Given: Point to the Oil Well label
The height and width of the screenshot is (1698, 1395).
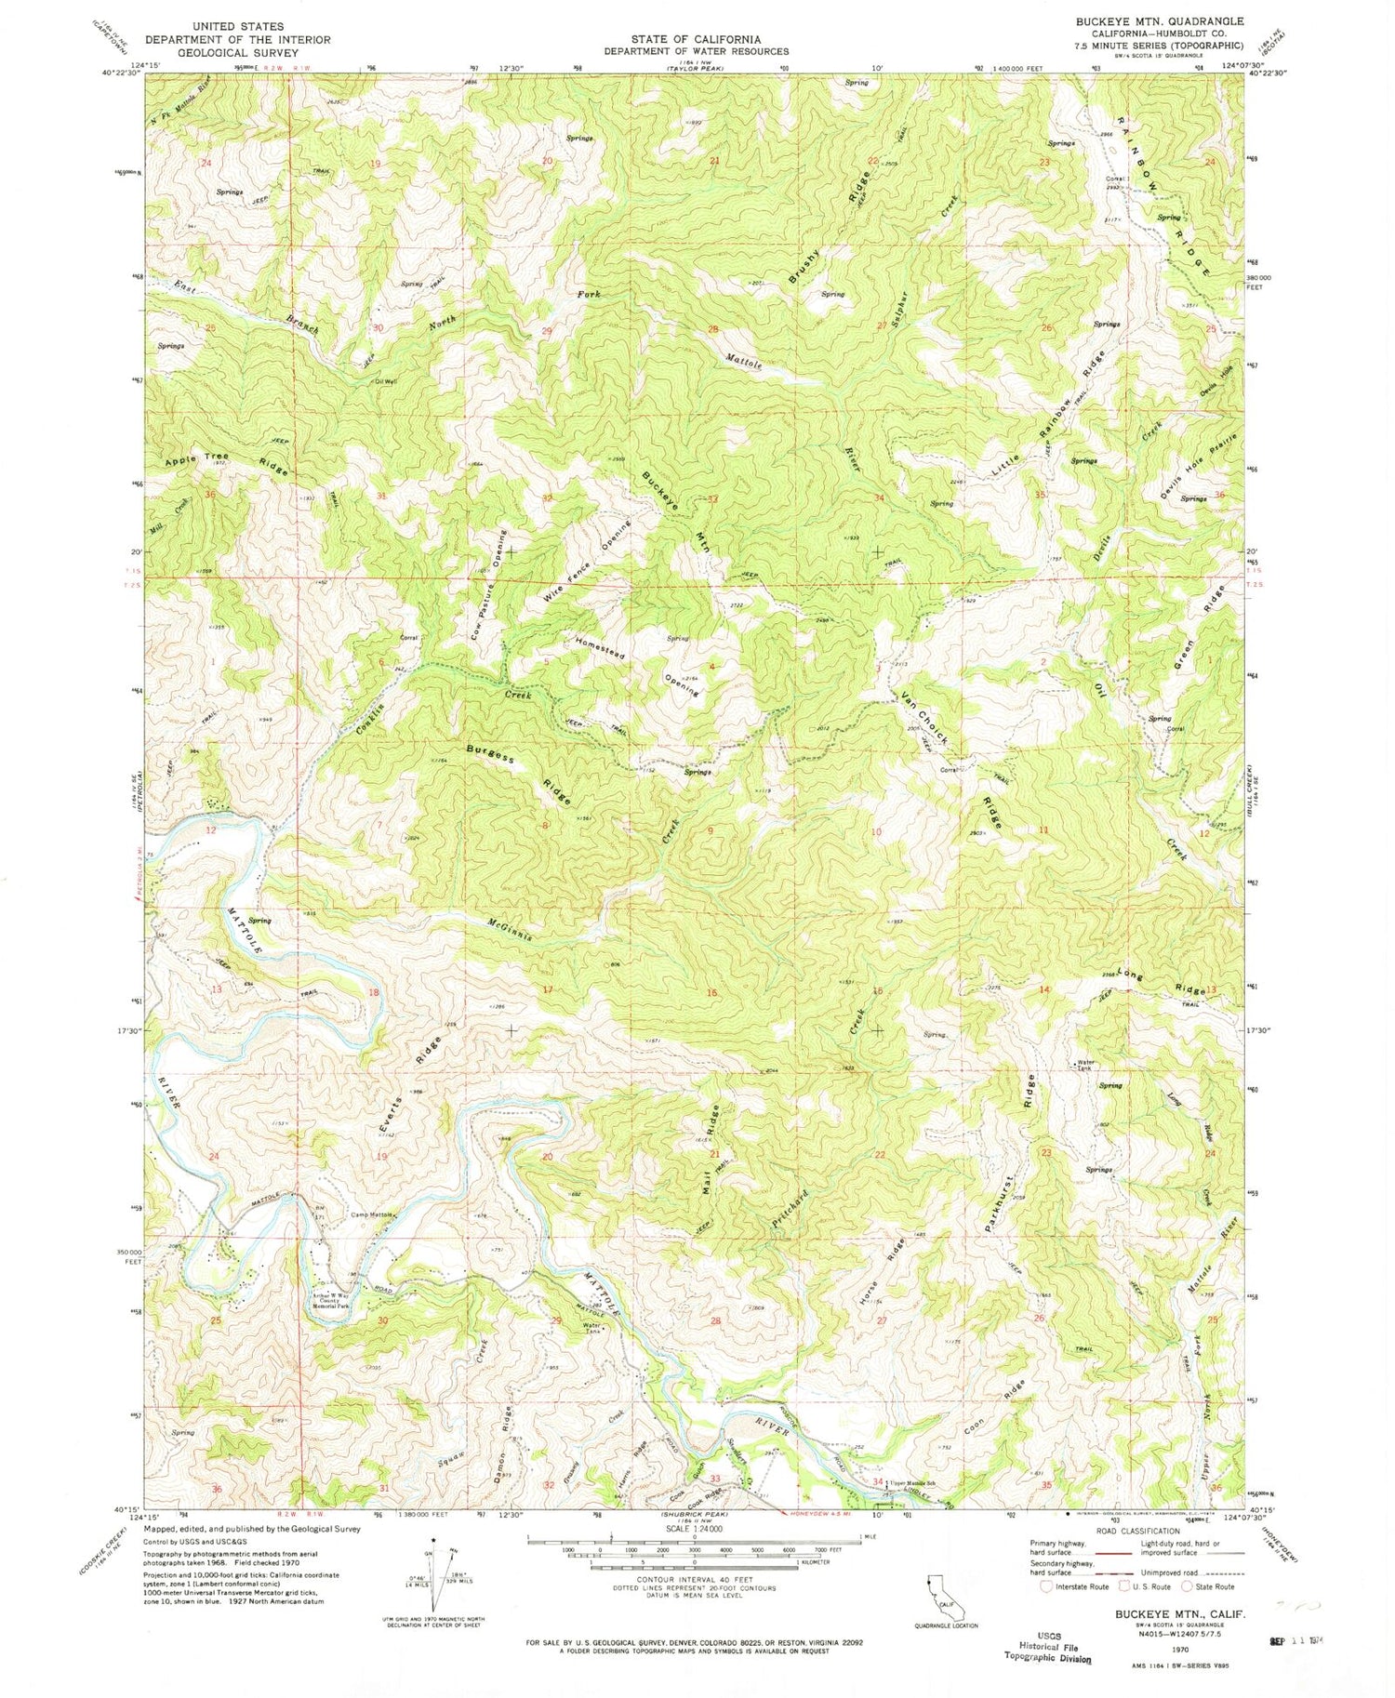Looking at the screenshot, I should pos(384,381).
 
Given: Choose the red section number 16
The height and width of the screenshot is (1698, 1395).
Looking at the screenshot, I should pos(712,992).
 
